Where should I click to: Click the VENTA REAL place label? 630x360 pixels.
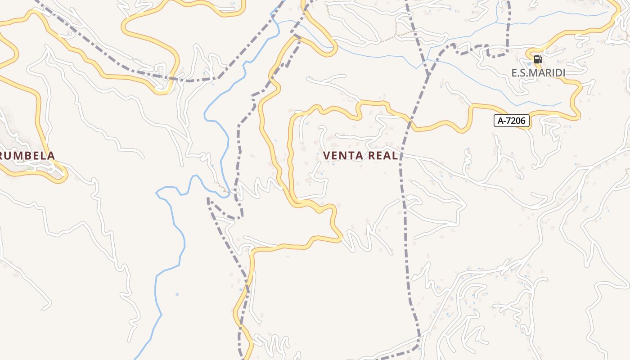pos(360,156)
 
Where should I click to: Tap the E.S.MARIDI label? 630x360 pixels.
pos(538,72)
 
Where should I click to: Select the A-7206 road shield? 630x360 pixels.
pos(511,121)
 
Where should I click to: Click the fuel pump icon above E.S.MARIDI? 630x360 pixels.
pos(538,59)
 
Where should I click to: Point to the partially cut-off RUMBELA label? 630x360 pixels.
pos(27,156)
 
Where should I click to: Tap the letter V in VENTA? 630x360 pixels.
pos(327,156)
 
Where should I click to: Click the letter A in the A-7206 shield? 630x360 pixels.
pos(500,121)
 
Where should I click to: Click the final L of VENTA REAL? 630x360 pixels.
pos(395,156)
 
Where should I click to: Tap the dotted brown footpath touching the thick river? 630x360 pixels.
pos(221,187)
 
